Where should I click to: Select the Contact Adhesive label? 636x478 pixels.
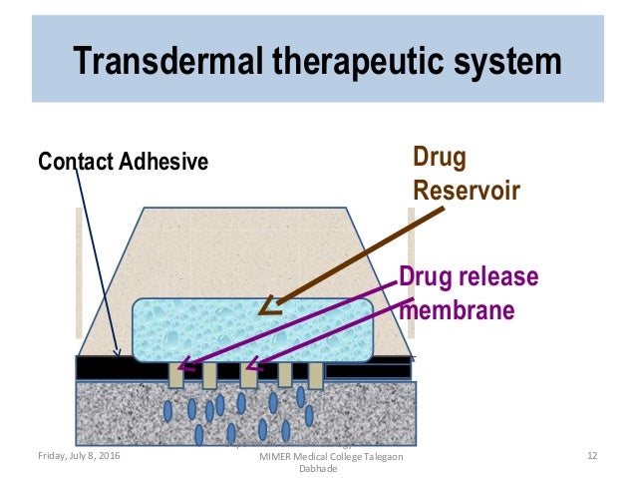click(123, 161)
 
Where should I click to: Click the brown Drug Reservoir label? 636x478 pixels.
click(466, 172)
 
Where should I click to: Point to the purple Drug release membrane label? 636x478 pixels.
click(468, 293)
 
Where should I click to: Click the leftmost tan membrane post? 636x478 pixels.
click(175, 376)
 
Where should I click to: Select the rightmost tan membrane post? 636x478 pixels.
click(316, 375)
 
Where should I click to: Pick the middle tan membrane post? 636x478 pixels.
click(247, 376)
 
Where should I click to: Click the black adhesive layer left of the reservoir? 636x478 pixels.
click(105, 366)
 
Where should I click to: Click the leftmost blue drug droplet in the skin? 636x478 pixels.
click(167, 410)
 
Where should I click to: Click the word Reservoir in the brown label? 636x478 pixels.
click(466, 189)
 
